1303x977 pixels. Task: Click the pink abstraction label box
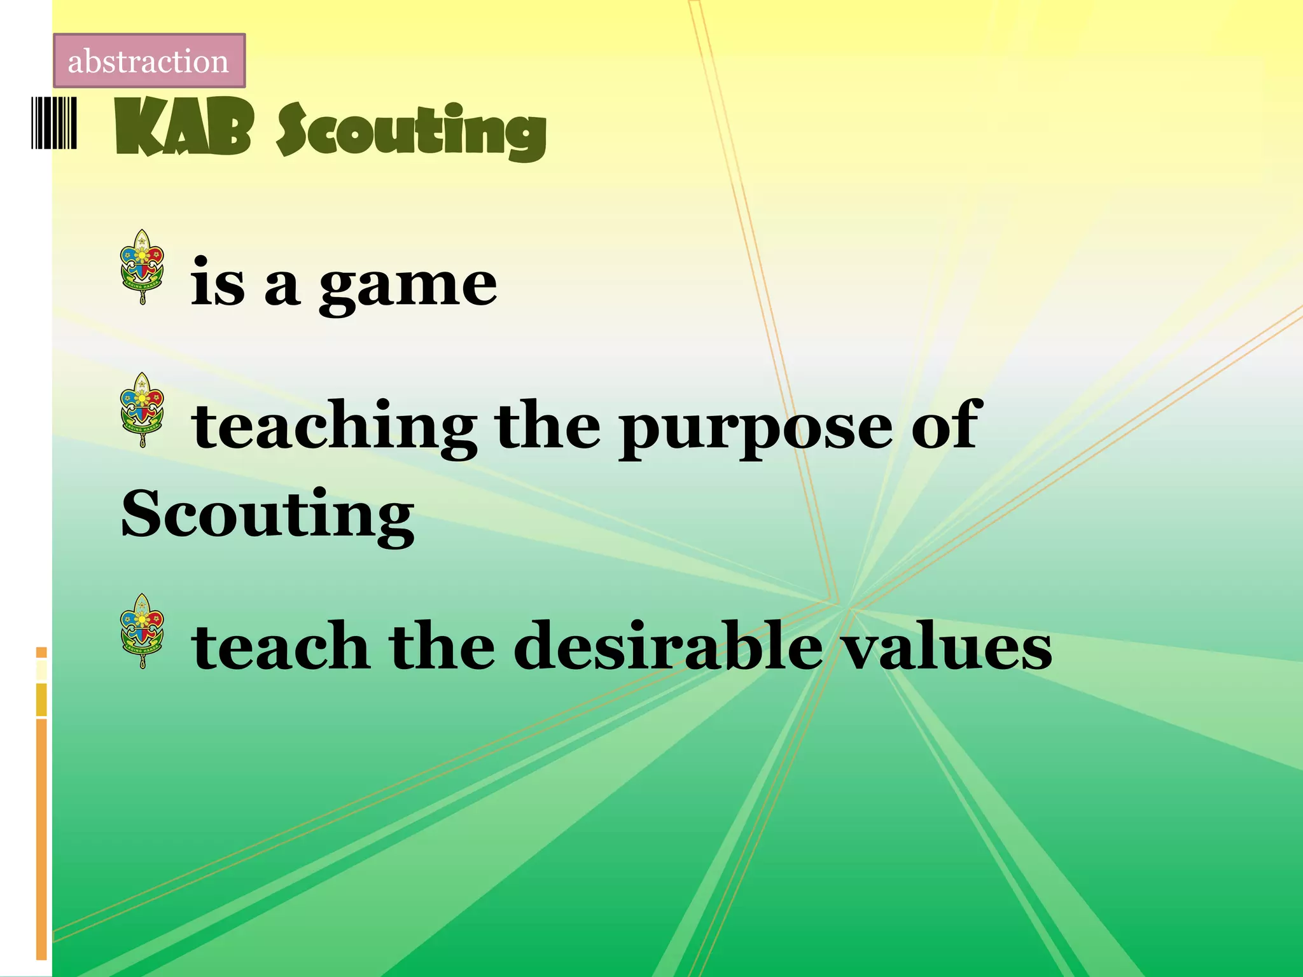pos(149,61)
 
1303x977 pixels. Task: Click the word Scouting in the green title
pos(411,132)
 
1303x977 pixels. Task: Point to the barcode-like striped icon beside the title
pos(54,123)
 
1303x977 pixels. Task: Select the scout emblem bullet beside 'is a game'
pos(143,267)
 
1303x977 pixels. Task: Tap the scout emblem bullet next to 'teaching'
pos(143,410)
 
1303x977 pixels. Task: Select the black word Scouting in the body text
pos(267,514)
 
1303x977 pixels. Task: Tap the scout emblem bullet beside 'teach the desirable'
pos(143,630)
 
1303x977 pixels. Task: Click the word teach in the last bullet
pos(280,646)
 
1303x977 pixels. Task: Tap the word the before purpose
pos(547,425)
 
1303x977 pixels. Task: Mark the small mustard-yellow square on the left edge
pos(41,700)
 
